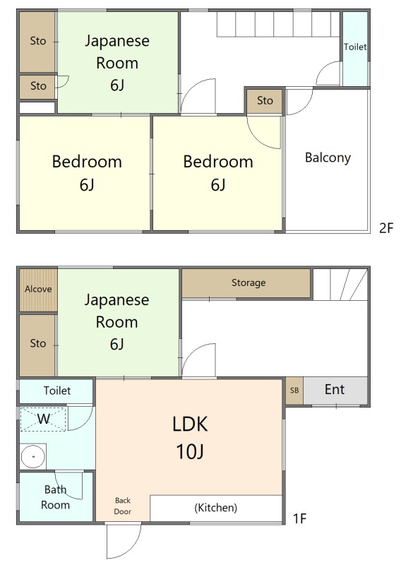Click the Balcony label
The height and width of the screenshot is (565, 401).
click(328, 157)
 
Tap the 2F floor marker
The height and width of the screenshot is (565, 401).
click(386, 228)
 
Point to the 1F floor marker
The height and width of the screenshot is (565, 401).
click(299, 518)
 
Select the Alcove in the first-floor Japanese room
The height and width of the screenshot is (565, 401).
click(38, 290)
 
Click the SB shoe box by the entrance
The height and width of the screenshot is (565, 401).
click(294, 391)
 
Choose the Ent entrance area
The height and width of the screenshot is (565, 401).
click(335, 391)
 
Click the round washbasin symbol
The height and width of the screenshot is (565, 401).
click(32, 456)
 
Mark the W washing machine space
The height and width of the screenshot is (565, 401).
click(43, 419)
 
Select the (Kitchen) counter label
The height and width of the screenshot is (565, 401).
click(216, 508)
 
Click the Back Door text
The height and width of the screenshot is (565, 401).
click(123, 506)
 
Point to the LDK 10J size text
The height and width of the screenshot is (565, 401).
click(190, 451)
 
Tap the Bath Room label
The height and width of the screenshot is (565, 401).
click(56, 497)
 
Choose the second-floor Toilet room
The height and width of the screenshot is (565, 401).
click(355, 49)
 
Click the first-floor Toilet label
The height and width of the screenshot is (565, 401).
click(57, 391)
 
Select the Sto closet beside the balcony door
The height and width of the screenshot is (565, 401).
click(265, 100)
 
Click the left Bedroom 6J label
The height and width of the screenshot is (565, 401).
click(87, 173)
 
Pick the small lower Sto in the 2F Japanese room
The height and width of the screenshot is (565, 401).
click(38, 86)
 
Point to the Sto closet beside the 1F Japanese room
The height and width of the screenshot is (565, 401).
click(37, 343)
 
